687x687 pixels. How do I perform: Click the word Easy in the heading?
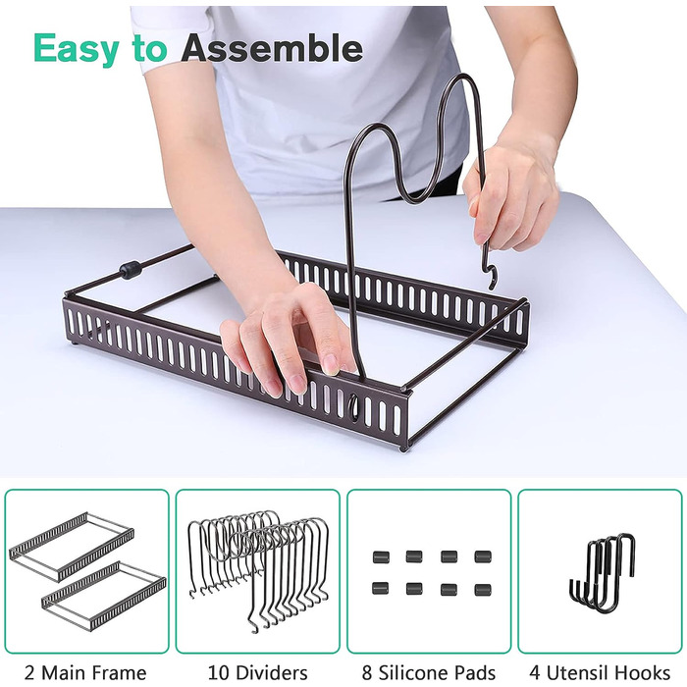pyautogui.click(x=76, y=49)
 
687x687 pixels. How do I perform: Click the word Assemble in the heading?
pyautogui.click(x=272, y=47)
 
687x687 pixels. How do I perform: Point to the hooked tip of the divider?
pyautogui.click(x=491, y=277)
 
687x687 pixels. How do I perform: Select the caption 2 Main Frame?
pyautogui.click(x=85, y=672)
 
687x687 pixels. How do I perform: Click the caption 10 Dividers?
pyautogui.click(x=257, y=672)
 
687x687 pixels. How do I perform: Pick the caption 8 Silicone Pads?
pyautogui.click(x=429, y=672)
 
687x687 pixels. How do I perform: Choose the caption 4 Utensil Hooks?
pyautogui.click(x=600, y=672)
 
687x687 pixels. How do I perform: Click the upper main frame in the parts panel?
pyautogui.click(x=72, y=547)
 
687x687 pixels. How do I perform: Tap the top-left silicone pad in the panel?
pyautogui.click(x=381, y=556)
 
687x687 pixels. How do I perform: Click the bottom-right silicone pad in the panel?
pyautogui.click(x=483, y=589)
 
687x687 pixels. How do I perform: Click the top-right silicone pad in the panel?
pyautogui.click(x=483, y=556)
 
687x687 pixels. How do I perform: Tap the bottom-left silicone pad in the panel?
pyautogui.click(x=381, y=588)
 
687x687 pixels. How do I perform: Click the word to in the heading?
pyautogui.click(x=149, y=49)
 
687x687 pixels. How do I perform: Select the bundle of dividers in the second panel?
pyautogui.click(x=258, y=569)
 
